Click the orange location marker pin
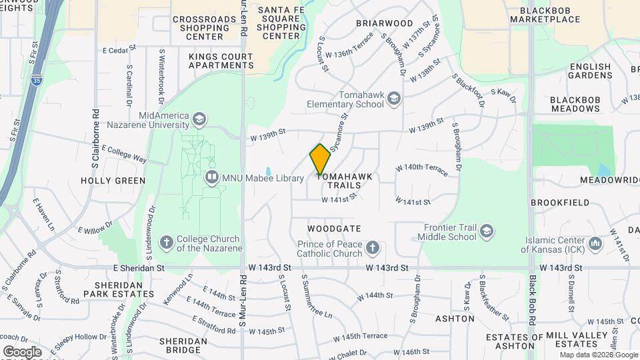[320, 159]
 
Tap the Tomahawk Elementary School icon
[395, 99]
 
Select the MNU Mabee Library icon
[211, 177]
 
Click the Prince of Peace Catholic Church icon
[373, 249]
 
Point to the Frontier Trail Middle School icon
[487, 231]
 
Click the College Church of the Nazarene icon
[166, 242]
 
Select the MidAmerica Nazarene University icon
[199, 119]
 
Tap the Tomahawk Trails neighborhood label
[344, 181]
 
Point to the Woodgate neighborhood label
[334, 228]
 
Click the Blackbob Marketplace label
[545, 15]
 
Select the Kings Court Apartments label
[221, 61]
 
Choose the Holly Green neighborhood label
[113, 181]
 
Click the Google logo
[22, 351]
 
